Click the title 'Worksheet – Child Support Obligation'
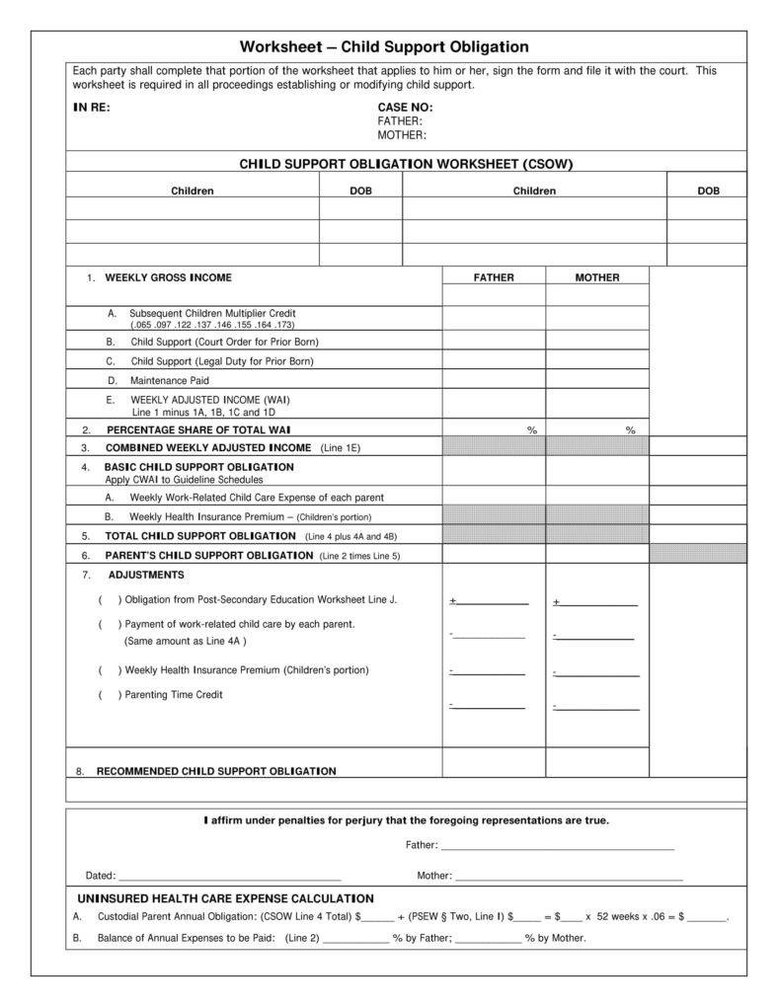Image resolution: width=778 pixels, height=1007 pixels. [x=384, y=47]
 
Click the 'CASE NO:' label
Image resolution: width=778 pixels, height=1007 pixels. [x=405, y=108]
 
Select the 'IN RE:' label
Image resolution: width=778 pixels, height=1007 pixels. [x=91, y=108]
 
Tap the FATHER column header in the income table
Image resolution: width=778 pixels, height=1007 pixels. [x=494, y=277]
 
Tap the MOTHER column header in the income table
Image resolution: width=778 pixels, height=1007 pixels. [x=597, y=277]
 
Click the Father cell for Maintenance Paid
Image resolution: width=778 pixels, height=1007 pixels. [x=494, y=380]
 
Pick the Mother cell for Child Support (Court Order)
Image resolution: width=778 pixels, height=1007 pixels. [x=597, y=342]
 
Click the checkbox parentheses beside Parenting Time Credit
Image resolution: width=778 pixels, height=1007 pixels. [x=110, y=695]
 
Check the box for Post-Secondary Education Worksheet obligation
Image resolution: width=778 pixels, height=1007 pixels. [x=110, y=600]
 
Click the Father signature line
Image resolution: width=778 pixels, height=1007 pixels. [x=557, y=846]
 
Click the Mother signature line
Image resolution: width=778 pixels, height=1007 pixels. [x=569, y=876]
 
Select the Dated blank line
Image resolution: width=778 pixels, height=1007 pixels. [x=229, y=876]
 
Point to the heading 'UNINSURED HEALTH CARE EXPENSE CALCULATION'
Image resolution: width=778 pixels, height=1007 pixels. [x=225, y=898]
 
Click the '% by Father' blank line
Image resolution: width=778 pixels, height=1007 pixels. [x=355, y=939]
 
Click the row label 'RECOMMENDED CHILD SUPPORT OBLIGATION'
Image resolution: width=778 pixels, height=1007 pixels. [x=216, y=771]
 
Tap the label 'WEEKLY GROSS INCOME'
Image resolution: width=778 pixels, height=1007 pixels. [x=169, y=277]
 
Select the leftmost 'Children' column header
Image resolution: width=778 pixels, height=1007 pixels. [x=193, y=191]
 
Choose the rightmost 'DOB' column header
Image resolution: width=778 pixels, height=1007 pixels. [x=708, y=191]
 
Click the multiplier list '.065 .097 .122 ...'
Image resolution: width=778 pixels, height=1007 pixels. [x=212, y=324]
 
